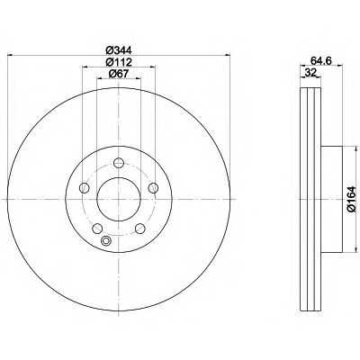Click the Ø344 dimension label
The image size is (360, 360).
click(x=119, y=49)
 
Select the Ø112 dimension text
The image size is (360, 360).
click(x=119, y=62)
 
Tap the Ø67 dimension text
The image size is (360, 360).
click(x=118, y=74)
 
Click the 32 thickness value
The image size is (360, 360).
click(x=310, y=73)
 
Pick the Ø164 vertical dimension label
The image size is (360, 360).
click(x=351, y=200)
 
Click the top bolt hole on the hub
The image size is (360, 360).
click(x=119, y=163)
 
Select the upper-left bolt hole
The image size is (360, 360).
click(x=85, y=188)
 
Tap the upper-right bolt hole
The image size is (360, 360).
click(x=153, y=188)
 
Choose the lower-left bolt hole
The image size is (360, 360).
click(x=97, y=229)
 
